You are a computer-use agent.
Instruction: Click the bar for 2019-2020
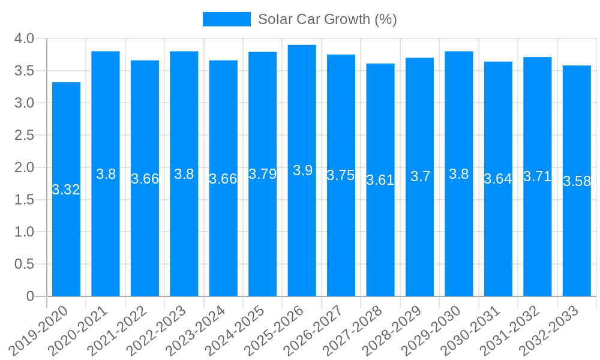coord(66,189)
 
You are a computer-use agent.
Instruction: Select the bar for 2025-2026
coord(302,170)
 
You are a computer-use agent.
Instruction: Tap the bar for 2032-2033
coord(577,181)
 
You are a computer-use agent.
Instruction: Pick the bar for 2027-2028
coord(380,180)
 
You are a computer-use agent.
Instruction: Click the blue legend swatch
coord(226,19)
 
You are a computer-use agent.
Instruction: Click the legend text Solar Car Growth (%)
coord(327,19)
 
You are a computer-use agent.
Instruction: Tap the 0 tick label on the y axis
coord(30,296)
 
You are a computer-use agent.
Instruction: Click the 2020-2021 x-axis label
coord(79,331)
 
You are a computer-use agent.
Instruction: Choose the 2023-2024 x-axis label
coord(196,331)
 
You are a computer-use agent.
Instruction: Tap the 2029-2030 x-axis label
coord(432,331)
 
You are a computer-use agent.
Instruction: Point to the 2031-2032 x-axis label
coord(511,331)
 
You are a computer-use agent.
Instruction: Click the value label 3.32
coord(66,190)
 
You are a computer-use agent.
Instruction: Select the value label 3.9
coord(302,170)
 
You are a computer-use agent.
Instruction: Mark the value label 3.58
coord(577,181)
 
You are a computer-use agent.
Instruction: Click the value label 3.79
coord(263,174)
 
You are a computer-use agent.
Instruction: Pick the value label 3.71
coord(537,176)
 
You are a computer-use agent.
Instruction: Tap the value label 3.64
coord(498,179)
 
